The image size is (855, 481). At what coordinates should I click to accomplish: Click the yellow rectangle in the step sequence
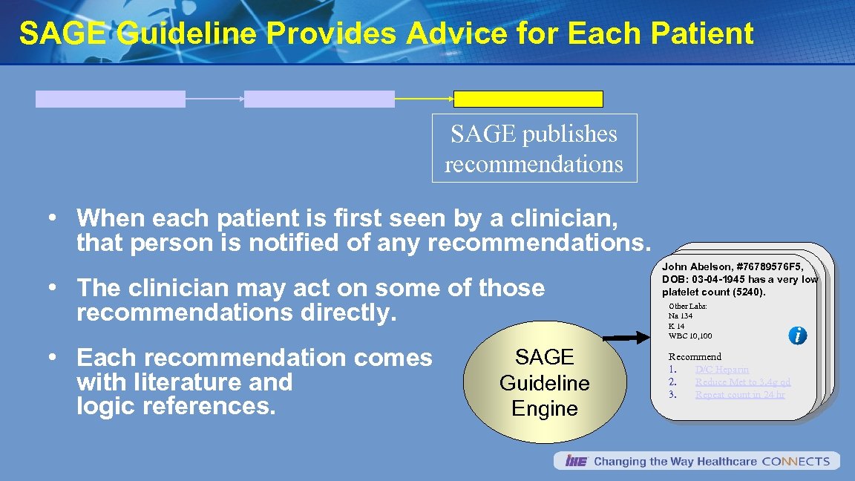(528, 99)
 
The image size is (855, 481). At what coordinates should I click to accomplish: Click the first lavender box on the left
(111, 99)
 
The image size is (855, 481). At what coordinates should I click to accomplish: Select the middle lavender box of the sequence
(319, 99)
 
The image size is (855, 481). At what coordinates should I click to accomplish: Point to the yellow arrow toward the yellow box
(423, 98)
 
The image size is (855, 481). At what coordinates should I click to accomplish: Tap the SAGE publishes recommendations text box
(534, 148)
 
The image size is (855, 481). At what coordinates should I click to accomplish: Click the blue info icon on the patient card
(798, 336)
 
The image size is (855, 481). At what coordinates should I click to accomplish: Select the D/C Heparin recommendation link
(721, 370)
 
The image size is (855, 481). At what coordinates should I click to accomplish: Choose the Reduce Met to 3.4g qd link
(742, 382)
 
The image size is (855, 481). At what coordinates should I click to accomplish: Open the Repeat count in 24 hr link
(739, 395)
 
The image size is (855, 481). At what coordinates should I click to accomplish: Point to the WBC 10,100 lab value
(689, 336)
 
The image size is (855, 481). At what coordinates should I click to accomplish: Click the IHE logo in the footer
(576, 462)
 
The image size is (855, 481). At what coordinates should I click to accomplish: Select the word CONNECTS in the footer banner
(796, 462)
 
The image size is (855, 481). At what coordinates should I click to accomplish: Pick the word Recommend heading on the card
(695, 357)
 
